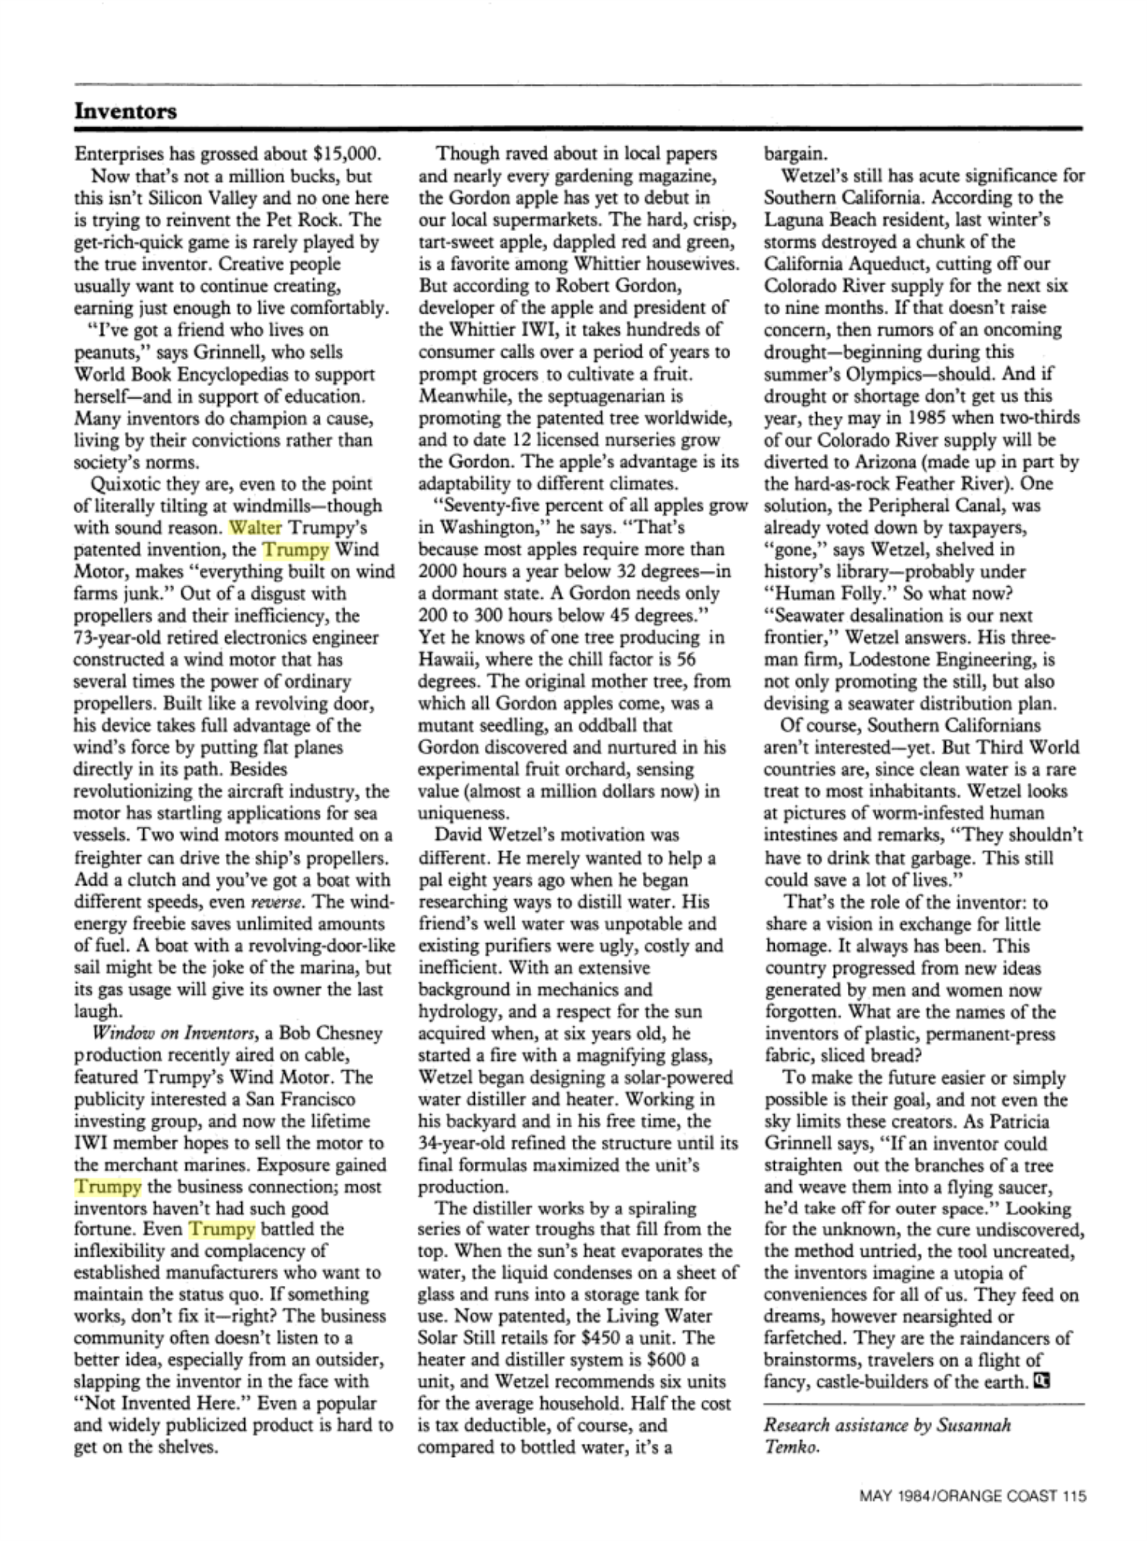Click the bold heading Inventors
tap(126, 111)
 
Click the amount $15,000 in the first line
tap(348, 153)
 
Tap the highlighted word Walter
tap(255, 528)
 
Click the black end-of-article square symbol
tap(1041, 1380)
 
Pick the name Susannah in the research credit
tap(974, 1425)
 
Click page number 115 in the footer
tap(1073, 1496)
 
